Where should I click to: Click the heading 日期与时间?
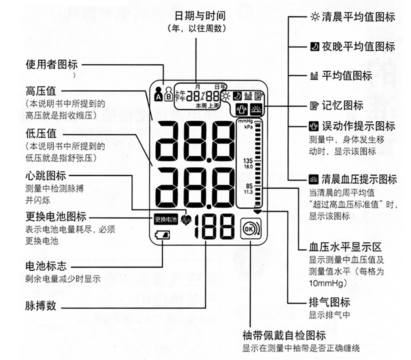pyautogui.click(x=200, y=16)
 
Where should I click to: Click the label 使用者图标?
pyautogui.click(x=51, y=65)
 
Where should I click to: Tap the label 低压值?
pyautogui.click(x=41, y=134)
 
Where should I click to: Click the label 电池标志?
pyautogui.click(x=46, y=266)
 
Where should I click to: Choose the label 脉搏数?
pyautogui.click(x=41, y=306)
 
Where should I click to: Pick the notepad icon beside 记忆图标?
pyautogui.click(x=315, y=105)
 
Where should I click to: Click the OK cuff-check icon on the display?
pyautogui.click(x=250, y=229)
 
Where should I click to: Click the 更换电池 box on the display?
pyautogui.click(x=166, y=219)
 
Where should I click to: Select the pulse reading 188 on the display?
pyautogui.click(x=215, y=227)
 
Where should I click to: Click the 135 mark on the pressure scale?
pyautogui.click(x=248, y=161)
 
